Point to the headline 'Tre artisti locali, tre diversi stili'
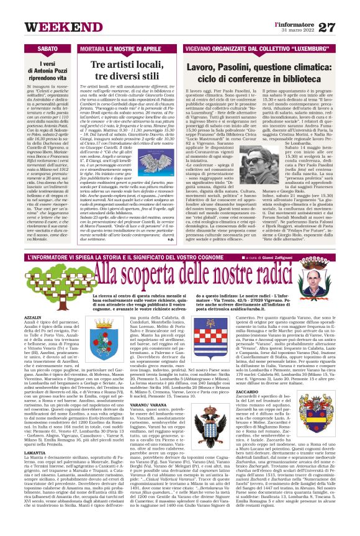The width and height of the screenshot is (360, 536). click(123, 71)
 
